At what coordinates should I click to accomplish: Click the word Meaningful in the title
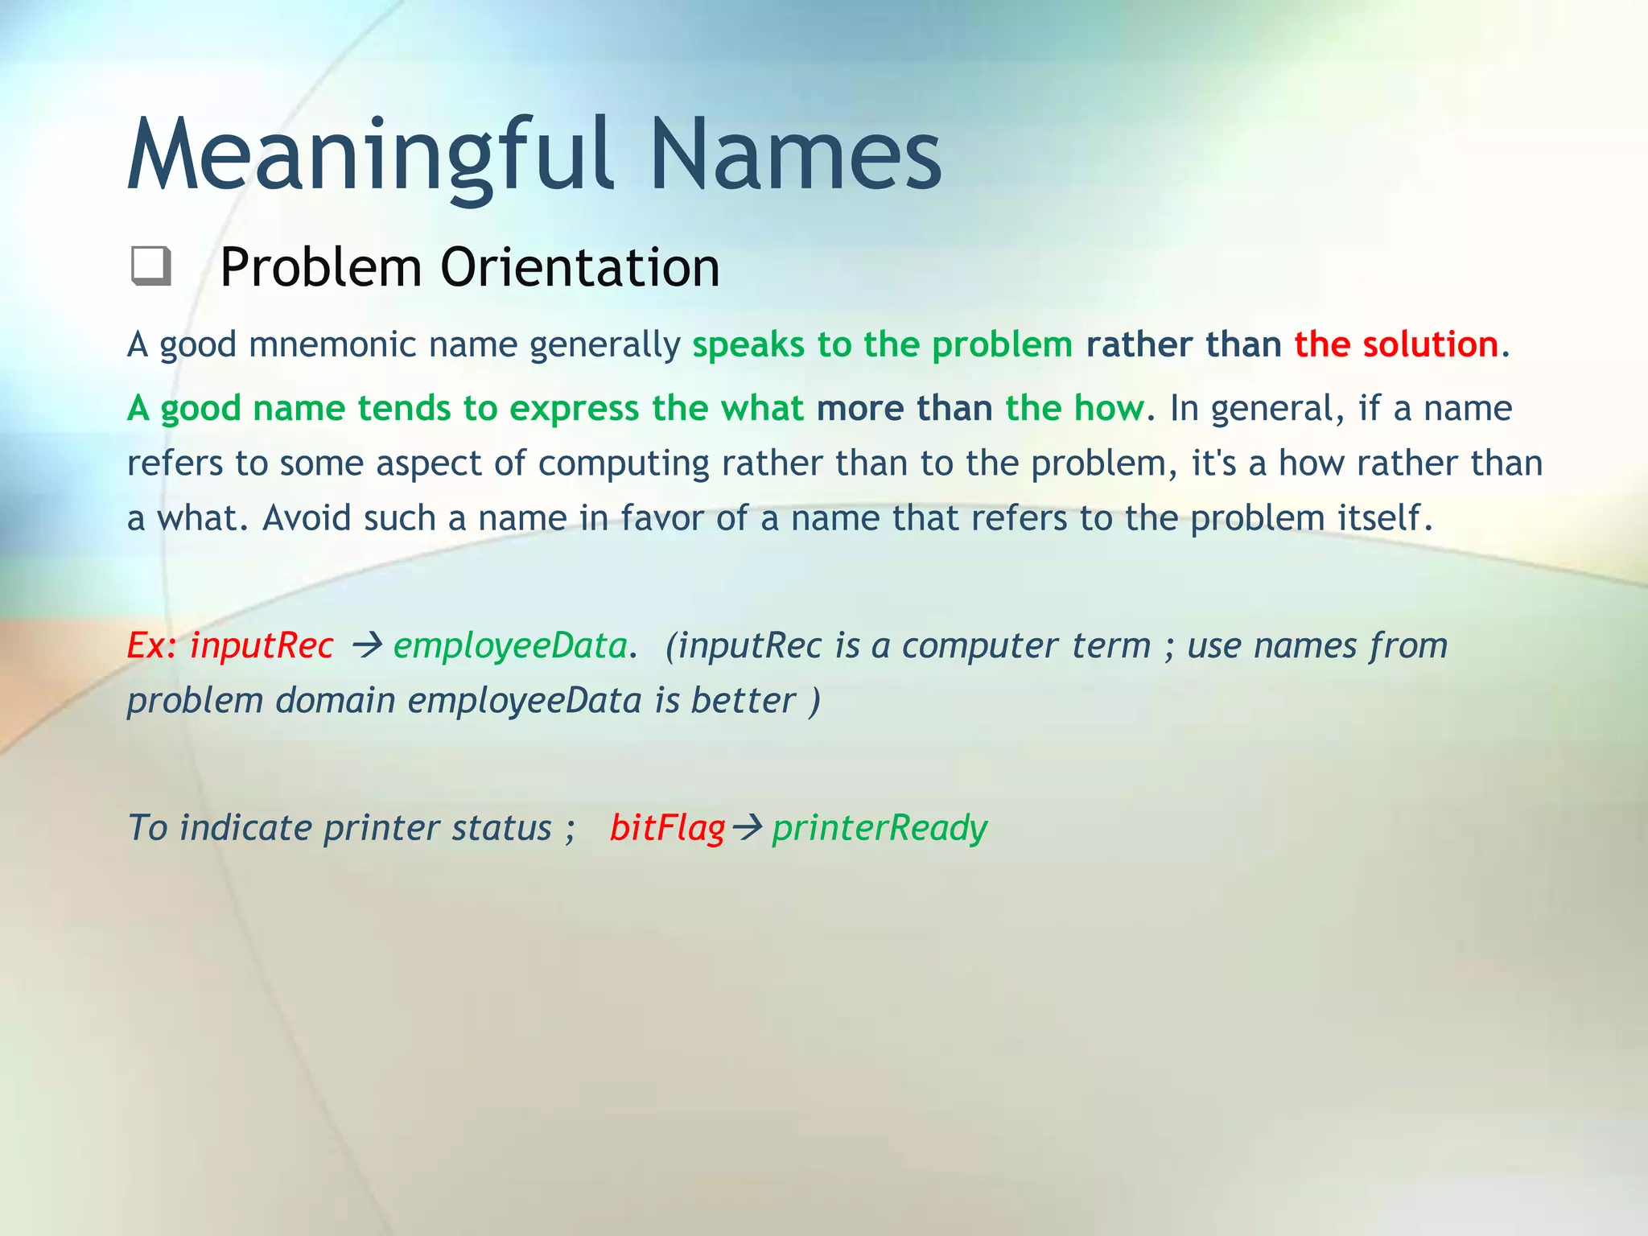click(x=370, y=154)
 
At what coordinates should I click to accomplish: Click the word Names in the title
click(x=795, y=154)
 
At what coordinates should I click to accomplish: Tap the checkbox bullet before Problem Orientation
click(x=150, y=266)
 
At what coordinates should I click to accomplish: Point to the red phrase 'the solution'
click(x=1395, y=345)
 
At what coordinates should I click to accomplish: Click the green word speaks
click(x=748, y=345)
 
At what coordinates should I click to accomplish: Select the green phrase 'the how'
click(x=1073, y=408)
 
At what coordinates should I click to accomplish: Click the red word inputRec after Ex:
click(x=262, y=645)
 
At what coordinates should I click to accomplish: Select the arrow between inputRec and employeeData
click(x=367, y=645)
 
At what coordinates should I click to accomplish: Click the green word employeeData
click(x=509, y=645)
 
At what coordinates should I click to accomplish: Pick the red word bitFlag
click(x=667, y=828)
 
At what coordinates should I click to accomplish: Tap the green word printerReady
click(x=880, y=828)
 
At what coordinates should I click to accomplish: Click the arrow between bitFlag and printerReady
click(x=748, y=828)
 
